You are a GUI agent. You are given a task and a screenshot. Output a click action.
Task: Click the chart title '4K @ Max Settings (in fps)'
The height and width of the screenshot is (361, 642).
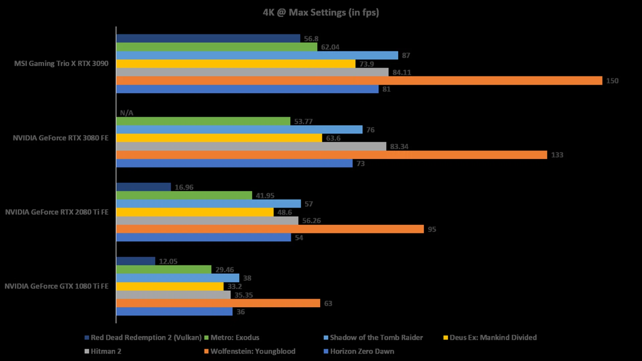[321, 13]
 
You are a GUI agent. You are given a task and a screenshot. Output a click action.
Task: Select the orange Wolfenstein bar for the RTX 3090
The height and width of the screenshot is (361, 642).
[359, 81]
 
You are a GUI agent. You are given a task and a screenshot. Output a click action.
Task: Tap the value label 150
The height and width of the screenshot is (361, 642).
[612, 81]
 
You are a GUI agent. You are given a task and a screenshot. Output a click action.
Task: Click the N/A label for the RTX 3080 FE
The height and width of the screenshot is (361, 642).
[126, 113]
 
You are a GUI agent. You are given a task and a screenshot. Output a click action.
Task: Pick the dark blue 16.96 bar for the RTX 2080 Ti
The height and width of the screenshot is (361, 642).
[143, 187]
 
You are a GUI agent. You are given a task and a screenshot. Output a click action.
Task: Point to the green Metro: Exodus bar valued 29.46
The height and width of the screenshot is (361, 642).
[164, 269]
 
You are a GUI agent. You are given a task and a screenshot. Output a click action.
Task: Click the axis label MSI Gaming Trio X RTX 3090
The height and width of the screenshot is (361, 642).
[61, 64]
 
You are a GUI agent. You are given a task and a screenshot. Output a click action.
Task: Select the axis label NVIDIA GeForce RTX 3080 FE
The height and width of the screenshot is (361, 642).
[61, 138]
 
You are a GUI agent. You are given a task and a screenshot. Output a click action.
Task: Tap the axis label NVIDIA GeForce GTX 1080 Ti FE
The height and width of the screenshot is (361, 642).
[57, 286]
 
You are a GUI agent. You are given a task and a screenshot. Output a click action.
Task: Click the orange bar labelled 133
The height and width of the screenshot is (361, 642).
[331, 155]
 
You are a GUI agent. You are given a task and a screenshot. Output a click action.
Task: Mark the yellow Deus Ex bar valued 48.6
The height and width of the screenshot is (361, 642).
[195, 212]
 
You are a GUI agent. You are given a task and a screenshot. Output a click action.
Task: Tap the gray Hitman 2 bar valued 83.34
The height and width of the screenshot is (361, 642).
[251, 146]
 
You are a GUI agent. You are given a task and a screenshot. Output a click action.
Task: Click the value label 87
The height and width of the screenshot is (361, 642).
[406, 55]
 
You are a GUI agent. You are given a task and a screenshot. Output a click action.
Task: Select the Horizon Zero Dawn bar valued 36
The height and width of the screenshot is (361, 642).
[174, 312]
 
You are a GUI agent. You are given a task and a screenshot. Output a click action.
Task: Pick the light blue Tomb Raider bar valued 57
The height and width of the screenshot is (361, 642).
[208, 204]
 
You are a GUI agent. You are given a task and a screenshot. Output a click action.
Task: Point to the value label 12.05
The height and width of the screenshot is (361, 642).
[168, 261]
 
